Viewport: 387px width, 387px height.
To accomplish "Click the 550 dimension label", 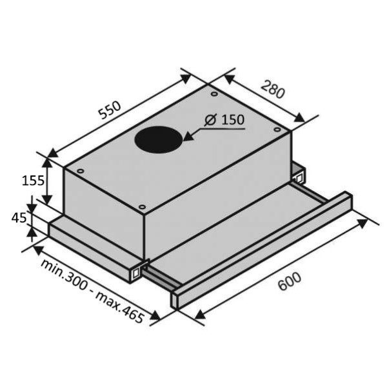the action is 110,110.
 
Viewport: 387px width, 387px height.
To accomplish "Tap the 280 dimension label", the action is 273,90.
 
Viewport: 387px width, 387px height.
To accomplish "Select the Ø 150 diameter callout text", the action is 224,120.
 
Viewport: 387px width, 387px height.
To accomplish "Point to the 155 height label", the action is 33,181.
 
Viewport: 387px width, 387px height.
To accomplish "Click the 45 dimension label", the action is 19,218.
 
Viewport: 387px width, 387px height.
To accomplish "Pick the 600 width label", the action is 290,281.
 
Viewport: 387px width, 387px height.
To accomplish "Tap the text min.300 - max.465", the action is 92,291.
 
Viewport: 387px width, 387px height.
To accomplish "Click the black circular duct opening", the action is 159,140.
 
